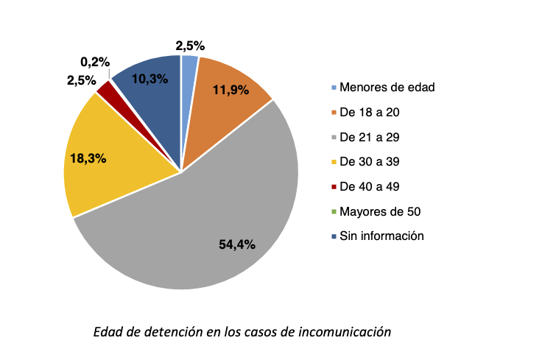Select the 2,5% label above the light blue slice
click(190, 46)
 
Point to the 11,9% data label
click(230, 91)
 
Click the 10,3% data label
click(149, 79)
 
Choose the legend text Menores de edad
click(387, 87)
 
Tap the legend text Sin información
click(382, 236)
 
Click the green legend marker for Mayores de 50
click(334, 212)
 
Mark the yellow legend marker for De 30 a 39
click(334, 162)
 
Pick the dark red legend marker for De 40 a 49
click(334, 187)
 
